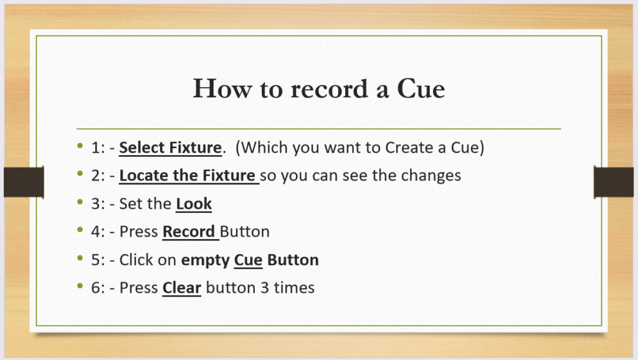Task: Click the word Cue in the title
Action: [x=421, y=88]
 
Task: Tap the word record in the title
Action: [x=329, y=88]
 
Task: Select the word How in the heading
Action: [x=222, y=88]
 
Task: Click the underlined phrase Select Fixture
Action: [x=171, y=148]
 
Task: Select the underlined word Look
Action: [x=194, y=204]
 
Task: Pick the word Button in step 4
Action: [x=244, y=232]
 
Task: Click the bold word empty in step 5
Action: [x=206, y=260]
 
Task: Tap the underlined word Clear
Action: [x=182, y=288]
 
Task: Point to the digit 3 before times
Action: [x=264, y=288]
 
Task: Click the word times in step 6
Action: [x=294, y=288]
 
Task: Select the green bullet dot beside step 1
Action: [x=80, y=146]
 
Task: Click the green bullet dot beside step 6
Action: [x=80, y=286]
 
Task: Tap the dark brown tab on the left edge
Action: [x=24, y=182]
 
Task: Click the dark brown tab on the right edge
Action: [x=614, y=182]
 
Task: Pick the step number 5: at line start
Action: [x=98, y=260]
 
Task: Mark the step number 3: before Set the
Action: [x=98, y=204]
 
